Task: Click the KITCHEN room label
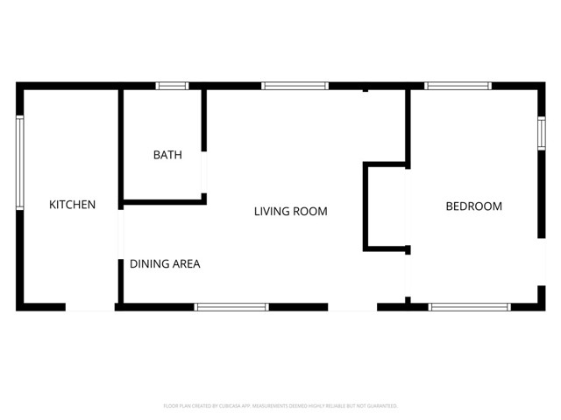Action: click(72, 205)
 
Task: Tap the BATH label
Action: click(167, 155)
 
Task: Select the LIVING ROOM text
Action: click(290, 211)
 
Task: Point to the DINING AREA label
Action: click(165, 263)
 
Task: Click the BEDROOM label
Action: click(473, 206)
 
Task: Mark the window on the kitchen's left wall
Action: click(19, 163)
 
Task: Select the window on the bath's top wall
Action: click(172, 86)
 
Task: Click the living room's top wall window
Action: click(295, 86)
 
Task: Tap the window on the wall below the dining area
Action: click(231, 307)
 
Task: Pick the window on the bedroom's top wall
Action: click(458, 86)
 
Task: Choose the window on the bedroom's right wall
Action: click(541, 129)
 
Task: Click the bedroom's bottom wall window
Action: click(468, 307)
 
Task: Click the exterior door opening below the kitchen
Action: click(90, 307)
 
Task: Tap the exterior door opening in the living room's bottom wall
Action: click(352, 307)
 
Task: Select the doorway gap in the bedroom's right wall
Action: click(541, 262)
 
